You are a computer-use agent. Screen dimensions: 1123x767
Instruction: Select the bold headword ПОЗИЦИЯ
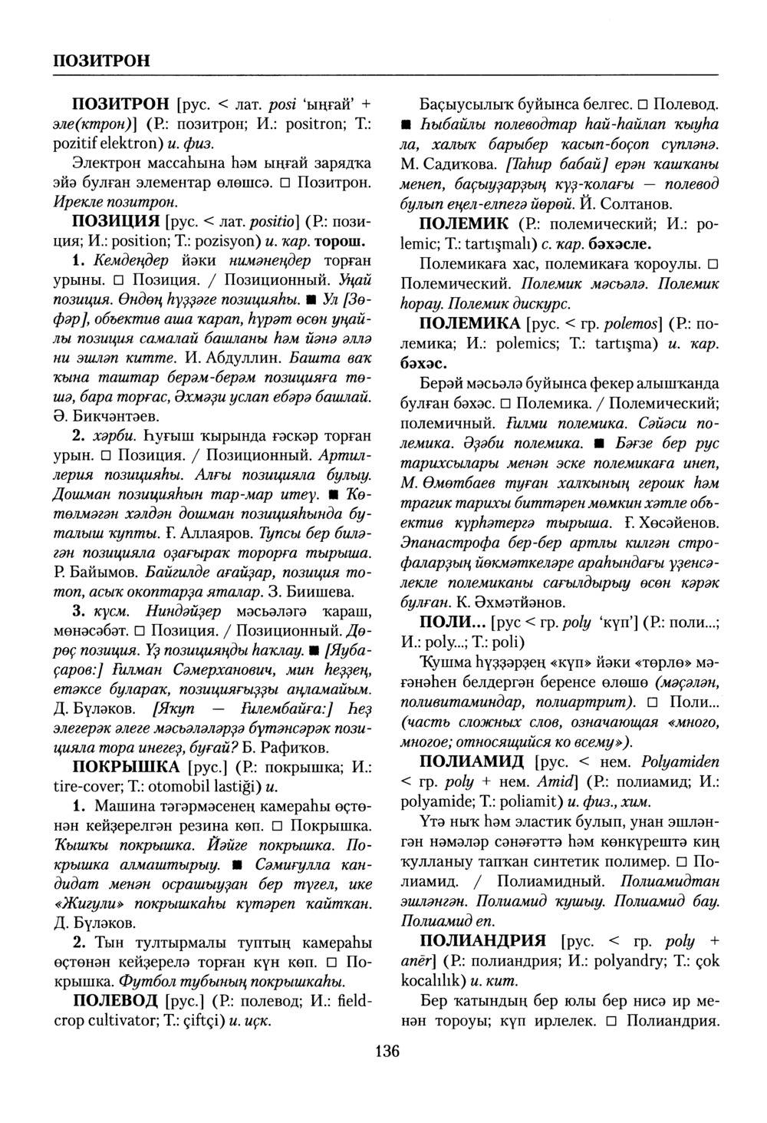[117, 222]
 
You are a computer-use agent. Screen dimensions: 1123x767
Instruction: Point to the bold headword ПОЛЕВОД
[117, 1001]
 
